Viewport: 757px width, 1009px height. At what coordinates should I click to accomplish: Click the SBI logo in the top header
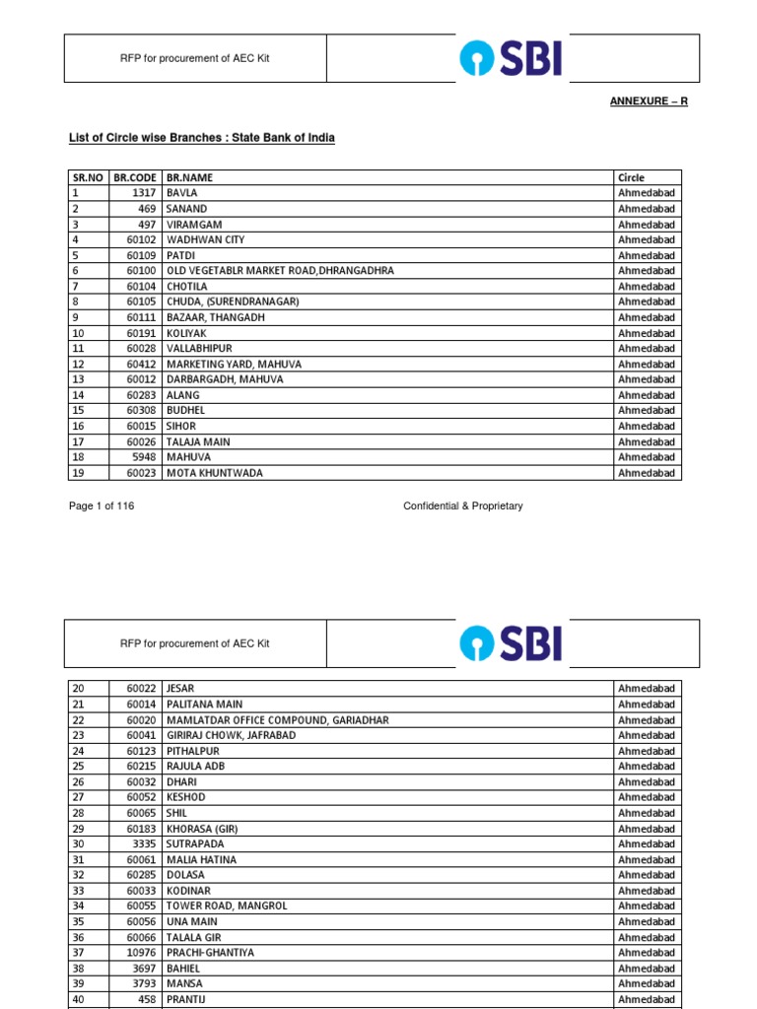click(x=511, y=58)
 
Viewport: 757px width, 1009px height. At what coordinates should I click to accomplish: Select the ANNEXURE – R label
click(x=648, y=101)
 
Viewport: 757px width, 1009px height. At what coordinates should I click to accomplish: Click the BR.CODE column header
click(x=135, y=177)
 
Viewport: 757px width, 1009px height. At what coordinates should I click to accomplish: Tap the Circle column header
click(x=631, y=177)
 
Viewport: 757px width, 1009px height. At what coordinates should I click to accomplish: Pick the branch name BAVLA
click(x=182, y=193)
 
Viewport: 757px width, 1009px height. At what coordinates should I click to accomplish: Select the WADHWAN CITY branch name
click(x=205, y=239)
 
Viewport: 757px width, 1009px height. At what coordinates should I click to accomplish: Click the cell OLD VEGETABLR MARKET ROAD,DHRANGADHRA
click(x=280, y=270)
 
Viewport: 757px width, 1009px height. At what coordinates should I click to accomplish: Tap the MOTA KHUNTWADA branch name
click(x=214, y=473)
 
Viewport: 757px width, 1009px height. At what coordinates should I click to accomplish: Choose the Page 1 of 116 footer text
click(x=101, y=505)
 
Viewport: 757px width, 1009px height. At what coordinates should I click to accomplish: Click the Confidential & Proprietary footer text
click(x=462, y=505)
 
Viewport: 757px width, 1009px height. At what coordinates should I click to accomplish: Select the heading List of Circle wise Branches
click(x=201, y=138)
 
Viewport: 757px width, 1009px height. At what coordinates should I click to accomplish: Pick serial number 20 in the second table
click(x=78, y=688)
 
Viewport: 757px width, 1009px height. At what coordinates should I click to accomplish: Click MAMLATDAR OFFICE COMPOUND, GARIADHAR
click(x=277, y=719)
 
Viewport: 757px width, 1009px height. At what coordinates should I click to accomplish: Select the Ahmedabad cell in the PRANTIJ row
click(x=646, y=999)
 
